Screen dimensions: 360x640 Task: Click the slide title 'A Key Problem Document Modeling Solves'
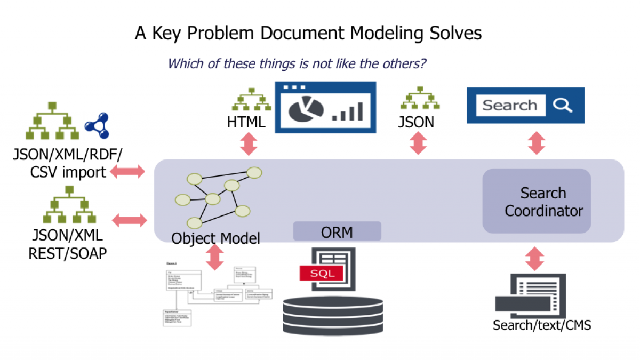(x=308, y=33)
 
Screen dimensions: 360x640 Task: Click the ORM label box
(x=337, y=231)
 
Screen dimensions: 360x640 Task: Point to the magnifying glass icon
(x=562, y=105)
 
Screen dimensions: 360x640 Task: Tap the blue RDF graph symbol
(x=97, y=124)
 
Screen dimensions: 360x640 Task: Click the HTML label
(x=246, y=122)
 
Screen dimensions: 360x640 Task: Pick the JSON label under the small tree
(x=416, y=122)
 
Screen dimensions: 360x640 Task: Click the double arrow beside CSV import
(x=128, y=171)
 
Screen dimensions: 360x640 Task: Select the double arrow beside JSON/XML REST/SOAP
(x=130, y=220)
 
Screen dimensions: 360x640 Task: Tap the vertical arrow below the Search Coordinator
(x=535, y=258)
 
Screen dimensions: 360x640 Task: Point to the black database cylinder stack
(x=333, y=315)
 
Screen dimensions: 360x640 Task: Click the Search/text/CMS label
(x=542, y=325)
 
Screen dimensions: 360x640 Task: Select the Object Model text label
(x=215, y=238)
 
